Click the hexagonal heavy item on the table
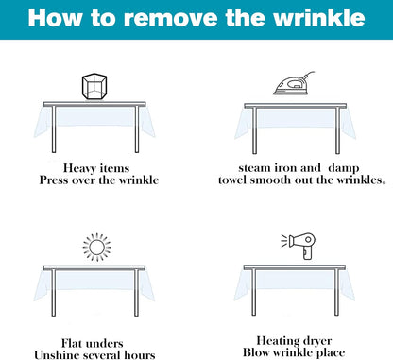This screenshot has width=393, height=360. [x=94, y=87]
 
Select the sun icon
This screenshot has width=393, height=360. [x=97, y=248]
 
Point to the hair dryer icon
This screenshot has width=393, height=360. [x=299, y=246]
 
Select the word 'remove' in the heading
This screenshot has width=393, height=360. [x=171, y=19]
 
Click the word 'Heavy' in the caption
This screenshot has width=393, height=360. [x=79, y=168]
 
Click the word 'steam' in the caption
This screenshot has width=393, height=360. [x=254, y=168]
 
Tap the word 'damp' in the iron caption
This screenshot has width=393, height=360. [x=343, y=168]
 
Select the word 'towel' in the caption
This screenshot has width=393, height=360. [x=232, y=180]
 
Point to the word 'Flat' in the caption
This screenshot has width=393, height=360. [x=72, y=343]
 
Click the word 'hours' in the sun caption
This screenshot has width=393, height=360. [x=140, y=355]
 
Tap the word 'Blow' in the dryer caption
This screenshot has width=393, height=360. [x=256, y=352]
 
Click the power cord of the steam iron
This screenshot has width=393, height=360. [x=309, y=76]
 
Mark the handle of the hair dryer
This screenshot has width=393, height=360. [x=307, y=253]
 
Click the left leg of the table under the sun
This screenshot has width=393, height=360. [x=54, y=293]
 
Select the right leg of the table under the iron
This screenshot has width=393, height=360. [x=337, y=130]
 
